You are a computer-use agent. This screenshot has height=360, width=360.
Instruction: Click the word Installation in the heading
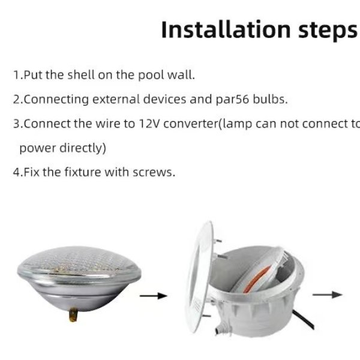(226, 30)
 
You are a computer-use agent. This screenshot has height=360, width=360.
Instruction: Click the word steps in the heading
(328, 31)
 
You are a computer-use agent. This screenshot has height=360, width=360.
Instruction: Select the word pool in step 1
(151, 76)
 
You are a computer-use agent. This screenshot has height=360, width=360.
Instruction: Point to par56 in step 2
(232, 100)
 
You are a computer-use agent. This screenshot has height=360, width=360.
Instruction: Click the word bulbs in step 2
(270, 99)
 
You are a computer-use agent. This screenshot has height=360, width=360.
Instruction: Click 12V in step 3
(149, 124)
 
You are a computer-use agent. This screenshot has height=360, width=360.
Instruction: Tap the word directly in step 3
(83, 148)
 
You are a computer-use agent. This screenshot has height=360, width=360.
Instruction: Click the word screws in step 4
(154, 172)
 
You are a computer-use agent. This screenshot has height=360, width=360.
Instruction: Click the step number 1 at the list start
(17, 75)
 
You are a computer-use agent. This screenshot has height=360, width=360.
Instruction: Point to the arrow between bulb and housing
(154, 296)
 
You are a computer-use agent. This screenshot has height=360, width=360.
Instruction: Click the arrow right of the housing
(328, 295)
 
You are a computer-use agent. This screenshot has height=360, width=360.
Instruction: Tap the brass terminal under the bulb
(73, 314)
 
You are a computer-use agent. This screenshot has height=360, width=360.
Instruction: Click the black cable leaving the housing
(303, 320)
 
